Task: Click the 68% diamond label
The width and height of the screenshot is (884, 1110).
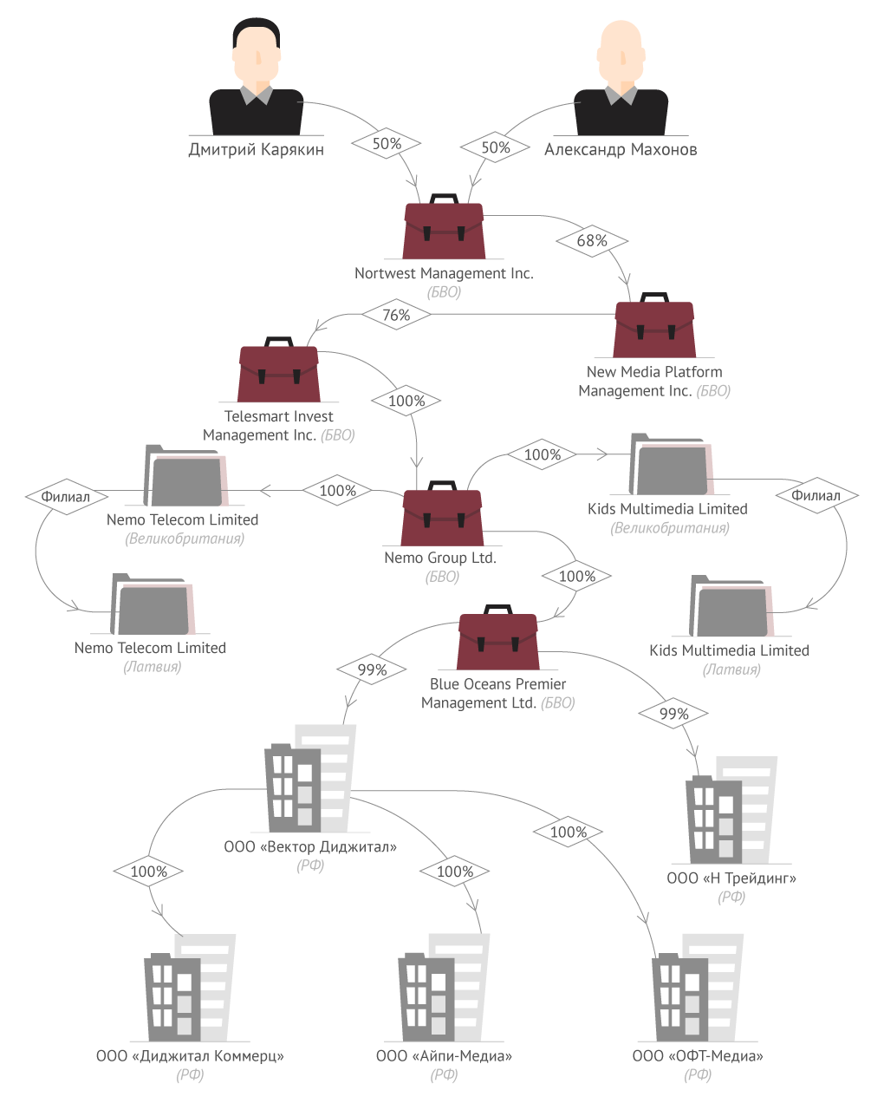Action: tap(592, 241)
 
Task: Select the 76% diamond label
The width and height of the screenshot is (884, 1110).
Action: tap(396, 315)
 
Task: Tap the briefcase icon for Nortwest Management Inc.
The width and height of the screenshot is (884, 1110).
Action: tap(444, 226)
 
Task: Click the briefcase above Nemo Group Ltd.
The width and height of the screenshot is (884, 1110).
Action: tap(442, 513)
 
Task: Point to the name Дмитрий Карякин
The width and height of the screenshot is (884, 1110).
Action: tap(257, 149)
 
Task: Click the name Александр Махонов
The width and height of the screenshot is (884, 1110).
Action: tap(621, 149)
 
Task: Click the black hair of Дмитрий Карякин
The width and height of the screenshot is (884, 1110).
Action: tap(257, 32)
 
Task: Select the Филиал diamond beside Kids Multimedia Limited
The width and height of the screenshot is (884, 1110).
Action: tap(816, 495)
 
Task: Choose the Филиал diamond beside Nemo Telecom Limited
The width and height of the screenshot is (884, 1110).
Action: tap(66, 497)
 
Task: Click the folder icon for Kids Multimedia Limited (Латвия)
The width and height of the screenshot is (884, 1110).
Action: tap(731, 605)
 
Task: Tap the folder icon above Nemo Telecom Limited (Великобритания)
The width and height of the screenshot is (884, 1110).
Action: tap(185, 475)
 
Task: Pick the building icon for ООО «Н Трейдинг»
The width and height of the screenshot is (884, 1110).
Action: tap(731, 810)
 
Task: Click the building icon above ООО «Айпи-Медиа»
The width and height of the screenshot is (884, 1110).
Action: tap(444, 988)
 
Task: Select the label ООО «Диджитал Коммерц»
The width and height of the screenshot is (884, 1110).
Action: tap(190, 1056)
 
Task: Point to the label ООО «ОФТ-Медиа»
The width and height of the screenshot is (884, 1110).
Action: tap(698, 1056)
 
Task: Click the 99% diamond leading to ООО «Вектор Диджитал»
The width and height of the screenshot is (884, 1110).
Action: tap(372, 669)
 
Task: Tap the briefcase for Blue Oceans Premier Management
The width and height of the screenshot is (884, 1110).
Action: tap(498, 637)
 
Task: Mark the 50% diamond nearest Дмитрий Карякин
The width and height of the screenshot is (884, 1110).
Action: tap(387, 143)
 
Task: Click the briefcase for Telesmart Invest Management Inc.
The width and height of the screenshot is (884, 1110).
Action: tap(278, 369)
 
